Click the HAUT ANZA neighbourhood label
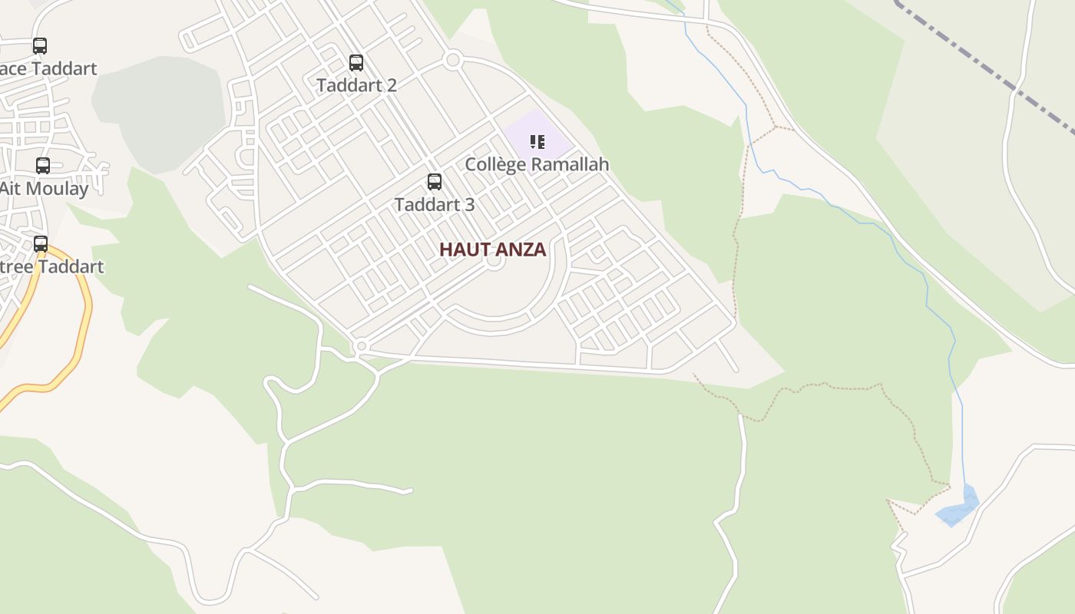492,249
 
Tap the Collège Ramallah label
537,164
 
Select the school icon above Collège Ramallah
537,141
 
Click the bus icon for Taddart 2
356,63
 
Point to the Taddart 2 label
356,85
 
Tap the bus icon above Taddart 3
435,182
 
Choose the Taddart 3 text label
435,205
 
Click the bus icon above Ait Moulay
43,165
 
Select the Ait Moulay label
45,188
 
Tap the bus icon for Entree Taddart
41,244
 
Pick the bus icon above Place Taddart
40,46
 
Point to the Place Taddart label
49,68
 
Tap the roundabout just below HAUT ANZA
495,261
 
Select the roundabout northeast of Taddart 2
453,59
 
